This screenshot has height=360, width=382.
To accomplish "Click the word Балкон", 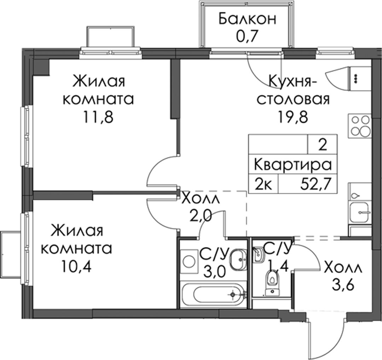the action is [x=247, y=19].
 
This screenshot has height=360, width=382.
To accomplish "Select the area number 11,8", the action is [x=98, y=117].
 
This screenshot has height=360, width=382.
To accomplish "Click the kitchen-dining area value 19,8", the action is [x=293, y=117].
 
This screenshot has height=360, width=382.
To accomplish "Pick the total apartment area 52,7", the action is [x=316, y=184].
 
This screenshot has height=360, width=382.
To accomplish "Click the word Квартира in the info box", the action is [x=293, y=165].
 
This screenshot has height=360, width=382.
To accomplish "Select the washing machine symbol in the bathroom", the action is [x=189, y=261].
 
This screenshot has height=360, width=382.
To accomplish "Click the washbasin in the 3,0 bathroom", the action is [x=238, y=259].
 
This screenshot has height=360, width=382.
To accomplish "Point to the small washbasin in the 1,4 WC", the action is [x=259, y=255].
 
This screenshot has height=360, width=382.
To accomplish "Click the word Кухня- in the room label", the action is [x=293, y=81].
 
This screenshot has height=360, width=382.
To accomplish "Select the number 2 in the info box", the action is [x=323, y=146].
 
